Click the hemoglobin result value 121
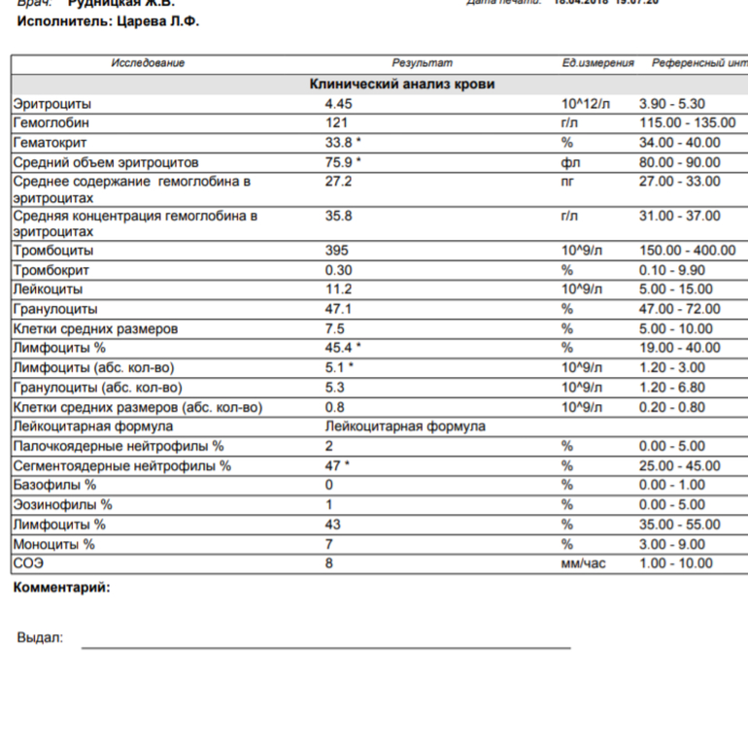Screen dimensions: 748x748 click(x=335, y=123)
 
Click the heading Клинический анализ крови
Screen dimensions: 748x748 click(x=401, y=85)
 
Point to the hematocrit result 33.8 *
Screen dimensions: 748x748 click(x=343, y=143)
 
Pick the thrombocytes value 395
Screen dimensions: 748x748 click(x=336, y=251)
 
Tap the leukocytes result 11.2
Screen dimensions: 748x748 click(x=338, y=289)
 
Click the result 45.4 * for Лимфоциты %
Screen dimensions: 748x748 click(x=343, y=348)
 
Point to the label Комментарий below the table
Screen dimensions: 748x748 click(x=61, y=588)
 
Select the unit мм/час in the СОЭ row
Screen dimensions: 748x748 click(x=583, y=563)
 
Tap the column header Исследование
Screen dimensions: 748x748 click(x=148, y=63)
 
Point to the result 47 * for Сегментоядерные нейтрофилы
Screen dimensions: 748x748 click(x=337, y=465)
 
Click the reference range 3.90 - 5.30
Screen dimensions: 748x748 click(x=672, y=104)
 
